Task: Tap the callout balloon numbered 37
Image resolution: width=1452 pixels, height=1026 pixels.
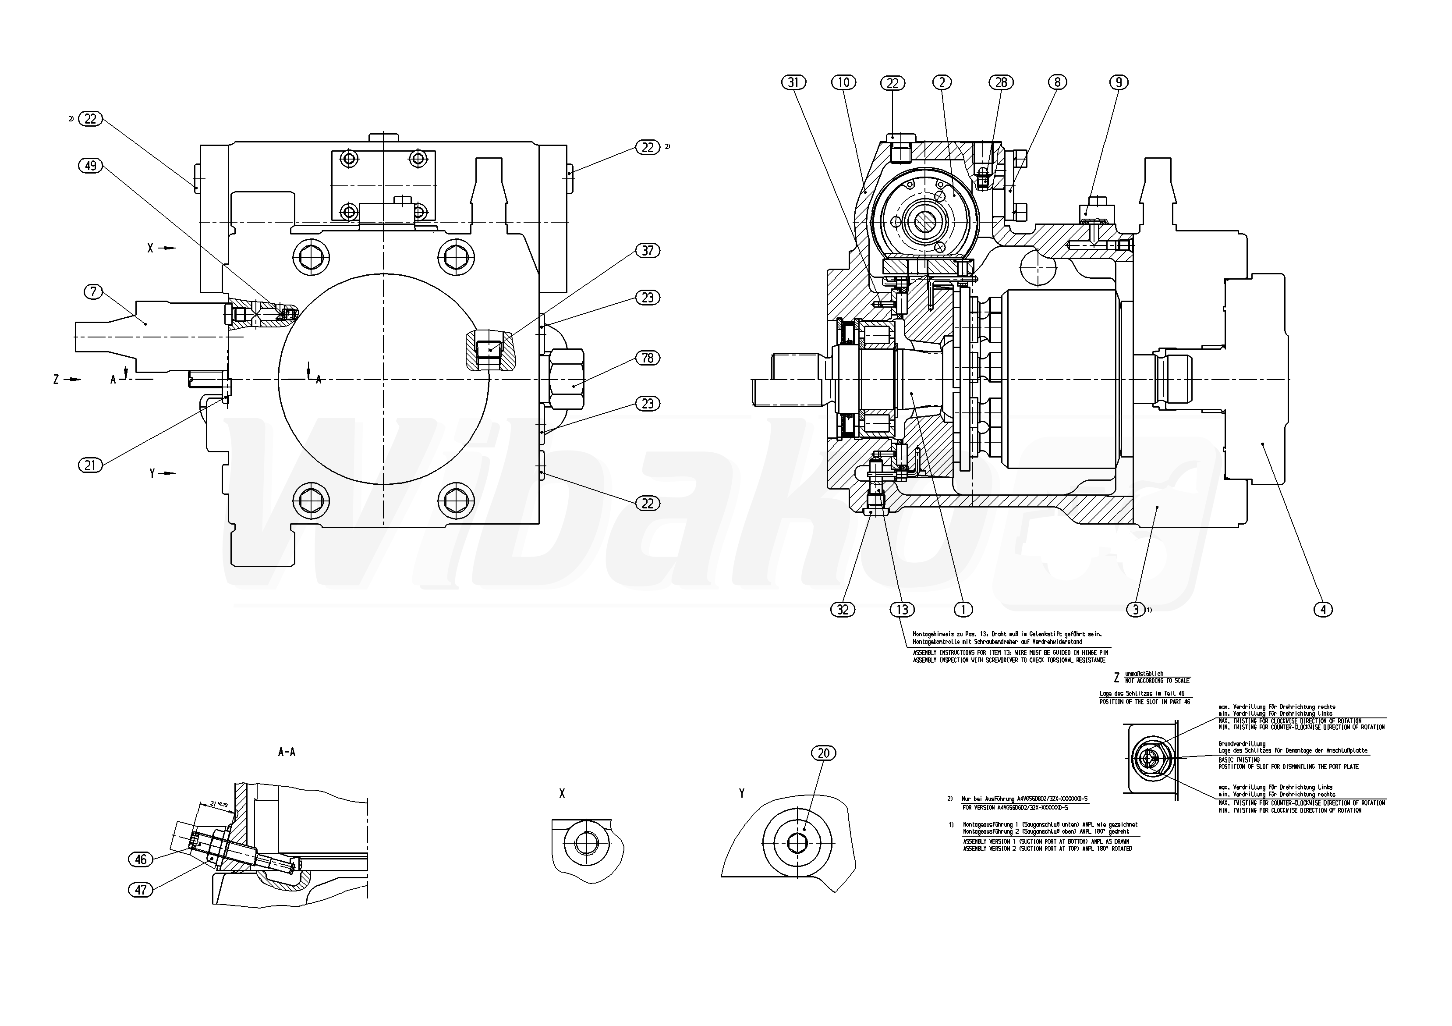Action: (648, 251)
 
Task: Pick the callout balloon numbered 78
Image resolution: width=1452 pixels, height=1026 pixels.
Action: (648, 358)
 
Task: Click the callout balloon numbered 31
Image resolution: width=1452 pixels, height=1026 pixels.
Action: (794, 82)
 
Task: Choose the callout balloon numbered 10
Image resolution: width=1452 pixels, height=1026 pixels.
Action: (843, 82)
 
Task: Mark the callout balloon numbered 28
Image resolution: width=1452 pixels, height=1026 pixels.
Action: (1001, 82)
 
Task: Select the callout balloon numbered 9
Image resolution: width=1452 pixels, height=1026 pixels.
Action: (1119, 82)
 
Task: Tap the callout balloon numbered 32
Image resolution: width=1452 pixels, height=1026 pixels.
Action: (843, 609)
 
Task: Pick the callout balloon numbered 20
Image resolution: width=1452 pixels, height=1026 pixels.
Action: (823, 753)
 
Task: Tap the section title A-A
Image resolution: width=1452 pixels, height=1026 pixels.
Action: (287, 752)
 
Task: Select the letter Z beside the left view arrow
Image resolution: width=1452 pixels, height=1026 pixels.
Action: (56, 380)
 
